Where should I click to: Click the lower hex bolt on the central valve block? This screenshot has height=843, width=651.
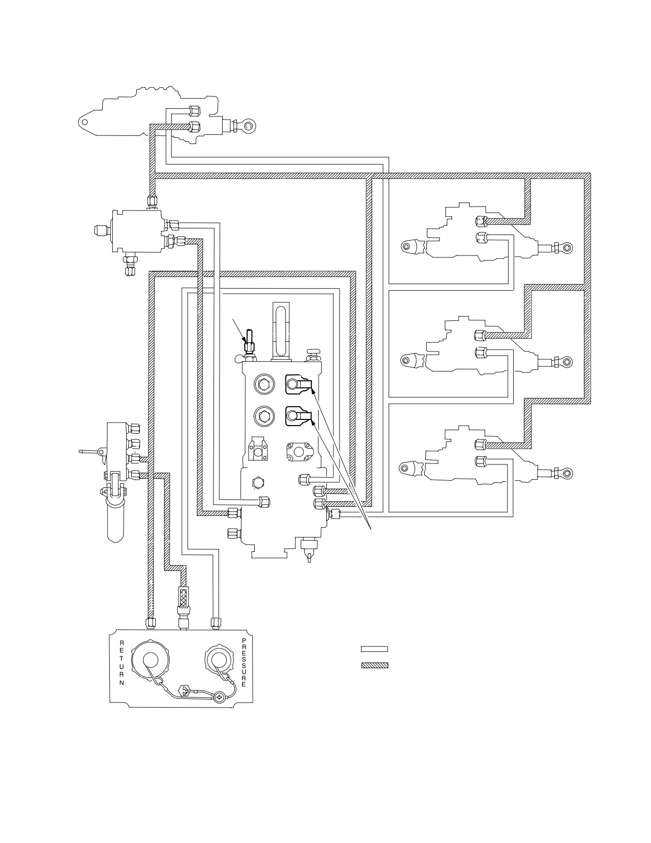(x=264, y=416)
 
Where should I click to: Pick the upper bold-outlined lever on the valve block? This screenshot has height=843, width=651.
(x=299, y=384)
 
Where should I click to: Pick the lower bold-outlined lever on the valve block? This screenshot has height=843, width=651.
(x=299, y=416)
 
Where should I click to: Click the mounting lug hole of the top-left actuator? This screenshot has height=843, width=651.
(x=84, y=122)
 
